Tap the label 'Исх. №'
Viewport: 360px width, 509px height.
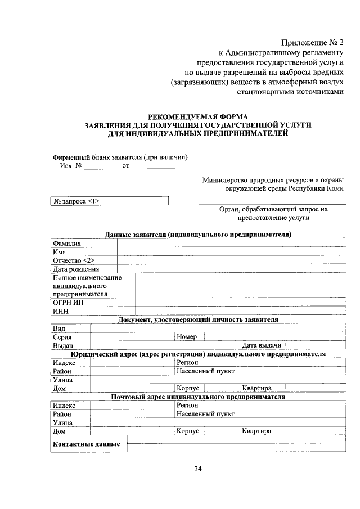tap(71, 166)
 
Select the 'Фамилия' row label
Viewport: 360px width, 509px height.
tap(67, 243)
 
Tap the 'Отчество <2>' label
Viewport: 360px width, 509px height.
tap(74, 260)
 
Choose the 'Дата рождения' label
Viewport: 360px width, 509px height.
tap(76, 269)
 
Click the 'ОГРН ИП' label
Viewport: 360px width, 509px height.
tap(69, 302)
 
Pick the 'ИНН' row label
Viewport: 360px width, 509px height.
tap(60, 311)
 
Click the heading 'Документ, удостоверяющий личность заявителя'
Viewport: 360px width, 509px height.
tap(198, 319)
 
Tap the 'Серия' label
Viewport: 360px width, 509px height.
tap(62, 337)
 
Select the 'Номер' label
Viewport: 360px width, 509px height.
tap(186, 337)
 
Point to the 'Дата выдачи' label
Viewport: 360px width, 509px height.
tap(261, 345)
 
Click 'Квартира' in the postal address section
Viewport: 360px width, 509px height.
tap(256, 431)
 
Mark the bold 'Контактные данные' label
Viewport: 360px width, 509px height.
tap(86, 444)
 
